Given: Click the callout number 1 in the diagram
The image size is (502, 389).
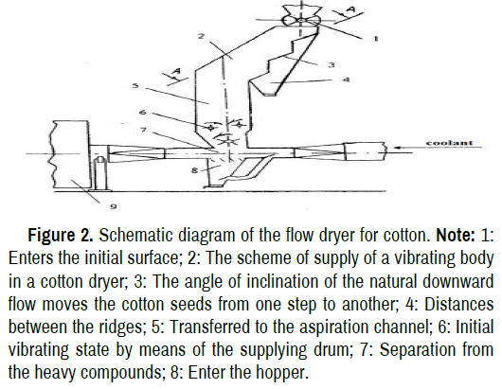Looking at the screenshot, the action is pos(375,39).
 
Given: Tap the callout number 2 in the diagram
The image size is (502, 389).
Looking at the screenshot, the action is pos(201,36).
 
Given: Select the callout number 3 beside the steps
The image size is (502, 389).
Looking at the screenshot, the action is pos(332,65).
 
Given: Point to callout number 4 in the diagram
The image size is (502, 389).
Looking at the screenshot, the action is pos(347,80).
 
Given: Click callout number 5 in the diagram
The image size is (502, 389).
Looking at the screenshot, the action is pos(135,85).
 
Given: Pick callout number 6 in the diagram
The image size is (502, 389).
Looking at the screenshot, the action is pos(143,112).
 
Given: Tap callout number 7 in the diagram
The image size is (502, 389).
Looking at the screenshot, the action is pos(143,131).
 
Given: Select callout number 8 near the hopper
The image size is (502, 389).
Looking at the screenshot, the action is pos(195,170).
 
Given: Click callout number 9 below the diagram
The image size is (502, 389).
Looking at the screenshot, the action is pos(114,206).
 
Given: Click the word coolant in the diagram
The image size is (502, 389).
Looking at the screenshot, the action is pos(449,143).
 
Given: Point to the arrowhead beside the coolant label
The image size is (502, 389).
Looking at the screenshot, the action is pos(396,148).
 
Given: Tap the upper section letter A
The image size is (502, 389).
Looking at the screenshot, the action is pos(351,9).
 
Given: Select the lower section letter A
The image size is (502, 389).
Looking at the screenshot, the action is pos(177,71).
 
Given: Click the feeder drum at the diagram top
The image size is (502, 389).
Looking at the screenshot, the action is pos(300,21).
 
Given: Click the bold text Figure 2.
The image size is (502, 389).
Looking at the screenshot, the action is pos(61,235).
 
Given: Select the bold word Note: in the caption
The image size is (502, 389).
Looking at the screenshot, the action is pos(456,235).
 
